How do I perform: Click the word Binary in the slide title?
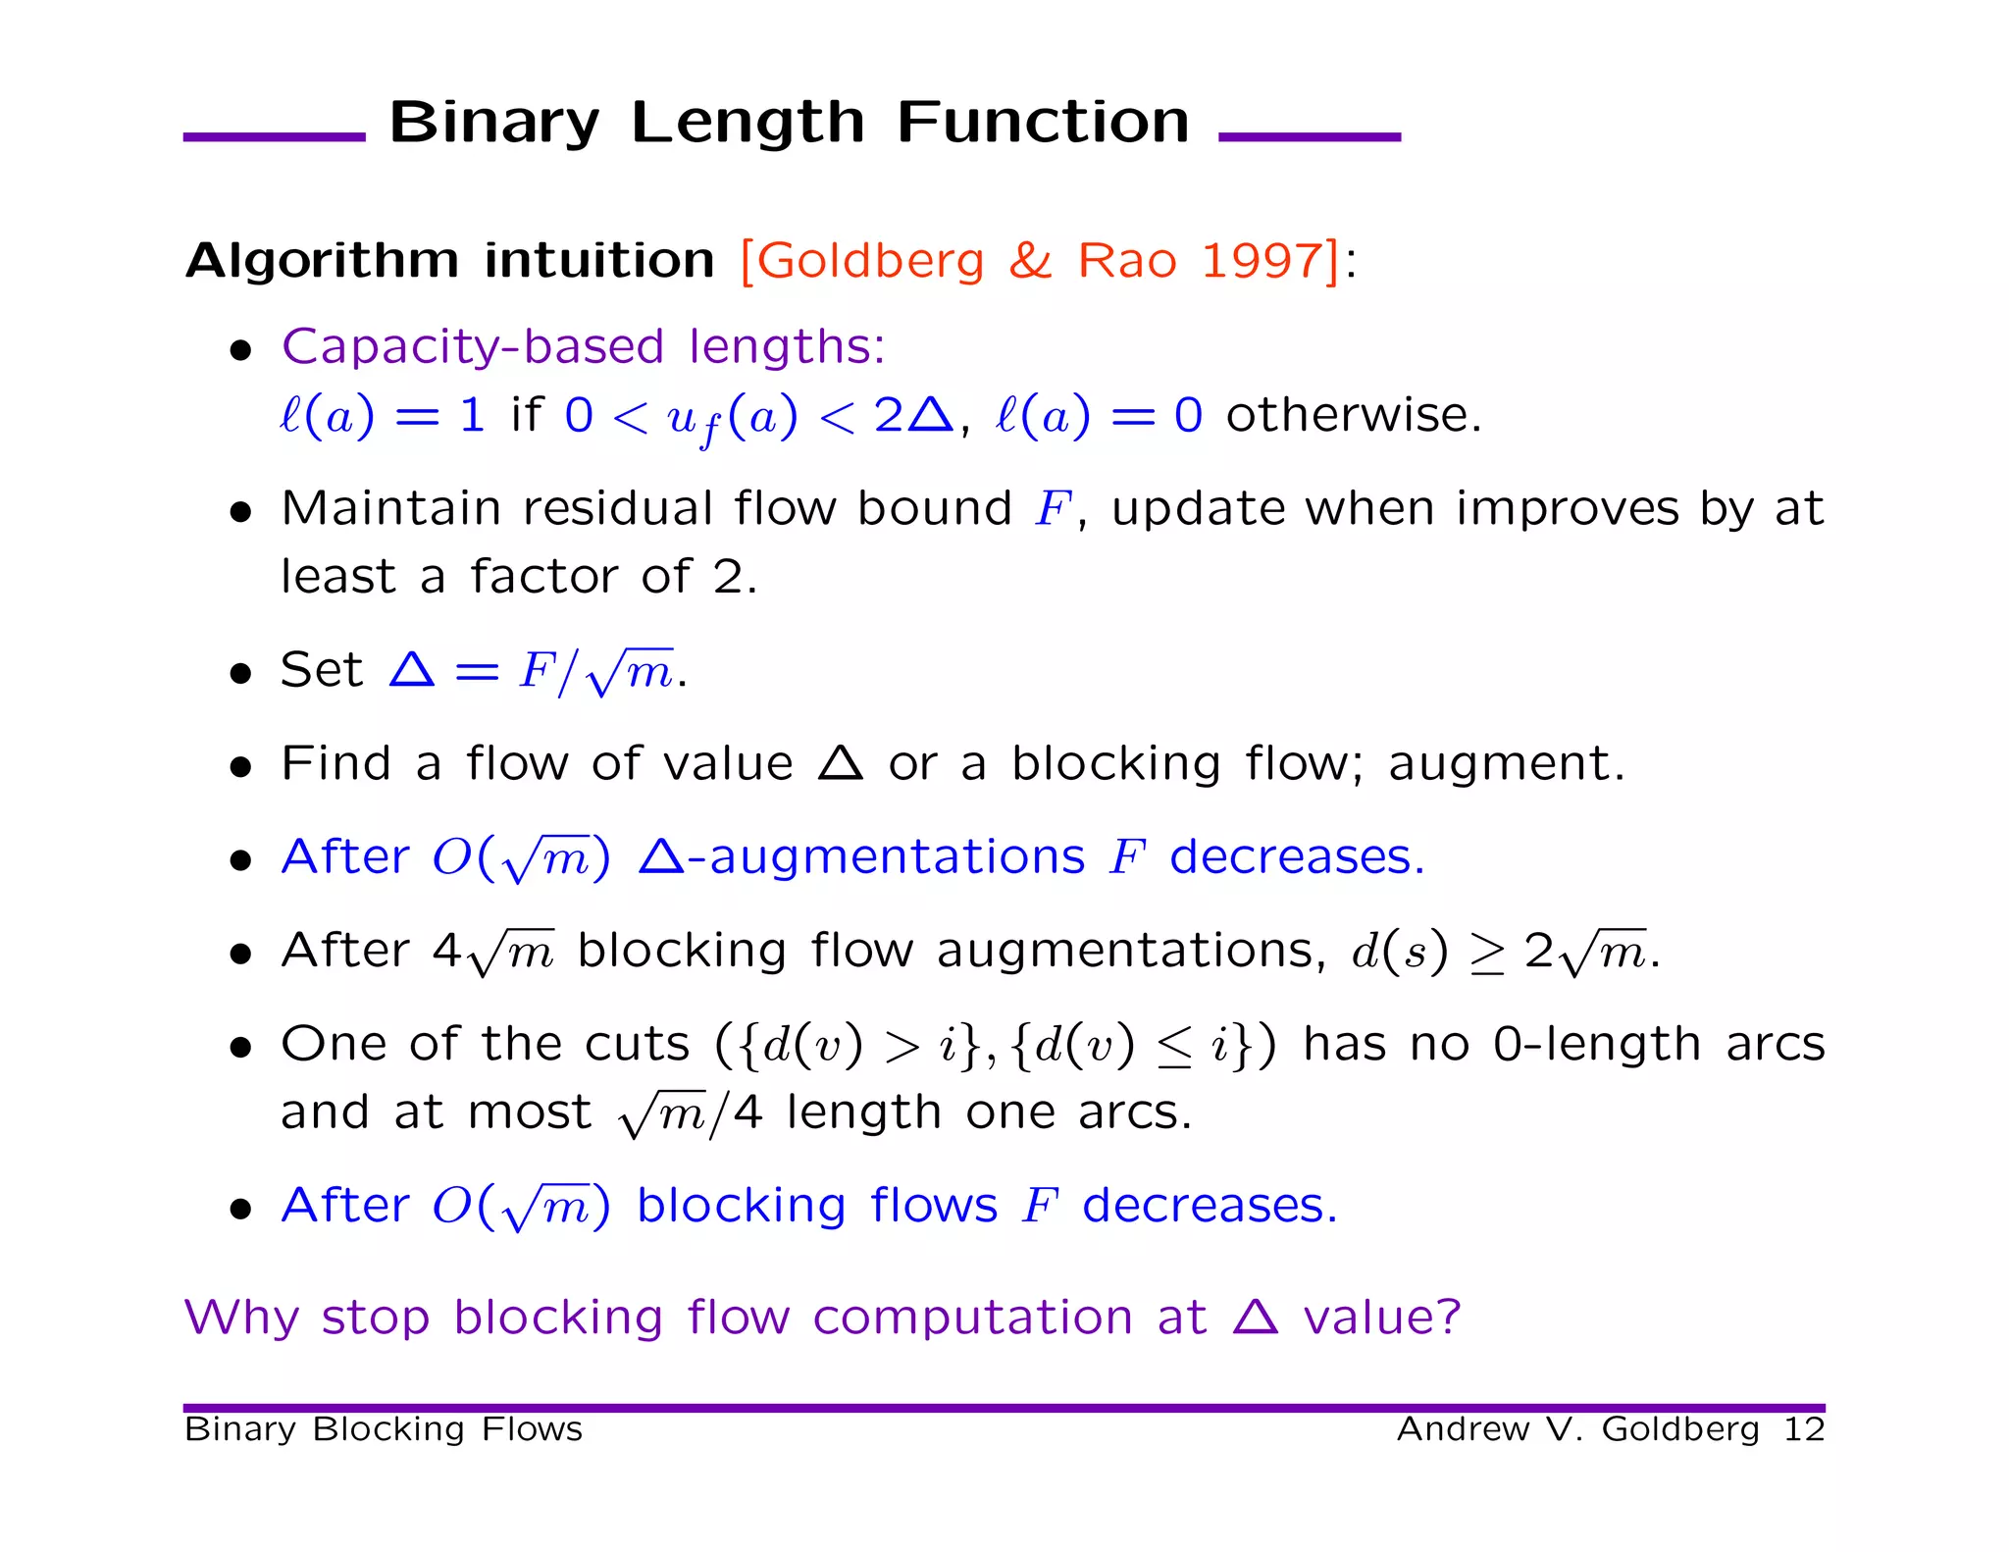[x=493, y=124]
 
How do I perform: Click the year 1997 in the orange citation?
[x=1262, y=261]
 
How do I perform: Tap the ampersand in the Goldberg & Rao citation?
[x=1030, y=261]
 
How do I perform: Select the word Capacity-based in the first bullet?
[x=473, y=347]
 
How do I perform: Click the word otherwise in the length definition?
[x=1352, y=415]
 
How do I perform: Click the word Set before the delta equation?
[x=321, y=670]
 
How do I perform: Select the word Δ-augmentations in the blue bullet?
[x=861, y=857]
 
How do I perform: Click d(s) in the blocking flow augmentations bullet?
[x=1399, y=952]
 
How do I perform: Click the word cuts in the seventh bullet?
[x=638, y=1044]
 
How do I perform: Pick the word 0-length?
[x=1597, y=1044]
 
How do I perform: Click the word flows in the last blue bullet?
[x=933, y=1206]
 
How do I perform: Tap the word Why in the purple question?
[x=240, y=1318]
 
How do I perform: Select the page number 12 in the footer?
[x=1803, y=1429]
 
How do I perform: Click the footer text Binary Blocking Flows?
[x=383, y=1429]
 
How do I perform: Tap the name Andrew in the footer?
[x=1463, y=1429]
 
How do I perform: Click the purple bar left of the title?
[x=274, y=137]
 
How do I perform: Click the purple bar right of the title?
[x=1309, y=137]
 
